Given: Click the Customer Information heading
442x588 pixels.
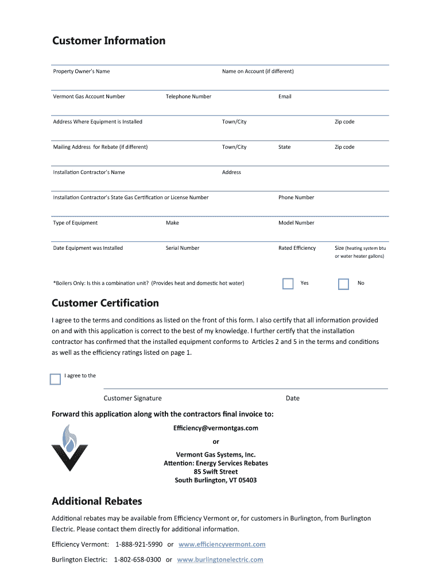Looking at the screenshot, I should (x=108, y=41).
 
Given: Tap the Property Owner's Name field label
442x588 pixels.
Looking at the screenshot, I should (x=81, y=71).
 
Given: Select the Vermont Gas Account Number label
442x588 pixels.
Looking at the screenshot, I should (x=88, y=96).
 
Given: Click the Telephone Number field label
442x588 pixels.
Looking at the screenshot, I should (x=188, y=96).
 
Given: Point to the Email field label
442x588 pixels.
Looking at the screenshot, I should (x=285, y=96).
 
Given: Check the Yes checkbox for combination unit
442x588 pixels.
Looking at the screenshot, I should (x=288, y=284).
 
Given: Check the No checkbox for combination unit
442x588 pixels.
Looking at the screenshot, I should (x=343, y=284).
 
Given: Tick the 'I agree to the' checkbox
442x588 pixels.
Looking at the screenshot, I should (x=55, y=379).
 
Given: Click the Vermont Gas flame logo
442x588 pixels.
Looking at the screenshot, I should (x=69, y=448).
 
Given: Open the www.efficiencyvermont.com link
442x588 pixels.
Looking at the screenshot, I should (x=222, y=544).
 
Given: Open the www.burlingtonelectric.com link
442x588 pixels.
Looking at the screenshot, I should (x=220, y=559).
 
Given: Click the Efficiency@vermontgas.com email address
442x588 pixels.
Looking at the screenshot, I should (x=215, y=428).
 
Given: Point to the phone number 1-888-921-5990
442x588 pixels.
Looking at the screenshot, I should (x=139, y=544).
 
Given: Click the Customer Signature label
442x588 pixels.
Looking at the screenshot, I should (x=133, y=398).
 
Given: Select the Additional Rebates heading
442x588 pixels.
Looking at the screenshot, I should (x=96, y=501).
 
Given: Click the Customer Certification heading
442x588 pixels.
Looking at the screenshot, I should (x=105, y=303).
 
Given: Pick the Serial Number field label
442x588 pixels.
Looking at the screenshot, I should (x=183, y=248).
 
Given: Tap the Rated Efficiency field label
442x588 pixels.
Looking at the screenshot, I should (x=297, y=248).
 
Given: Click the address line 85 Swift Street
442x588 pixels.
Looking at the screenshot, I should (x=216, y=472).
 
